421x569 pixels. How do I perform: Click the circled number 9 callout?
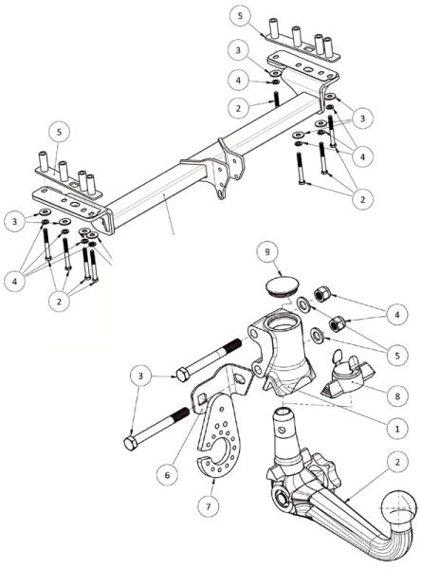tap(267, 252)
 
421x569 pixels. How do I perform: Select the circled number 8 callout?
tap(397, 395)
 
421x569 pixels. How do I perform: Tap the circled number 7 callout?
tap(209, 505)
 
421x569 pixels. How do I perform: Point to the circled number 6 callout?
tap(167, 475)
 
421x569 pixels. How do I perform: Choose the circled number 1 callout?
tap(397, 429)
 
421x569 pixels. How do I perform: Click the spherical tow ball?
tap(399, 509)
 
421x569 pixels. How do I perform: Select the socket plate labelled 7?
tap(218, 435)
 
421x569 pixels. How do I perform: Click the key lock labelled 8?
tap(347, 377)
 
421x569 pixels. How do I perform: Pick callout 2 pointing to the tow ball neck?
tap(397, 463)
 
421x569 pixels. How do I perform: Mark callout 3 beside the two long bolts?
tap(141, 376)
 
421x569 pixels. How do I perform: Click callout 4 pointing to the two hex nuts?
tap(397, 314)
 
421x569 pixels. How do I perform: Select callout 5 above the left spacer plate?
tap(59, 132)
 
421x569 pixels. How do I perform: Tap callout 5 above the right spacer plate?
tap(240, 16)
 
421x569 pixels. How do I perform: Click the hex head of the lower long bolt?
tap(130, 444)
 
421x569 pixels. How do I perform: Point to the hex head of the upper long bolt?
tap(183, 375)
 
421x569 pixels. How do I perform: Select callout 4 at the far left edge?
tap(14, 281)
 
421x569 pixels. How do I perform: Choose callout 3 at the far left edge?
tap(14, 221)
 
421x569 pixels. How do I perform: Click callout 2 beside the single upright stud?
tap(238, 108)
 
